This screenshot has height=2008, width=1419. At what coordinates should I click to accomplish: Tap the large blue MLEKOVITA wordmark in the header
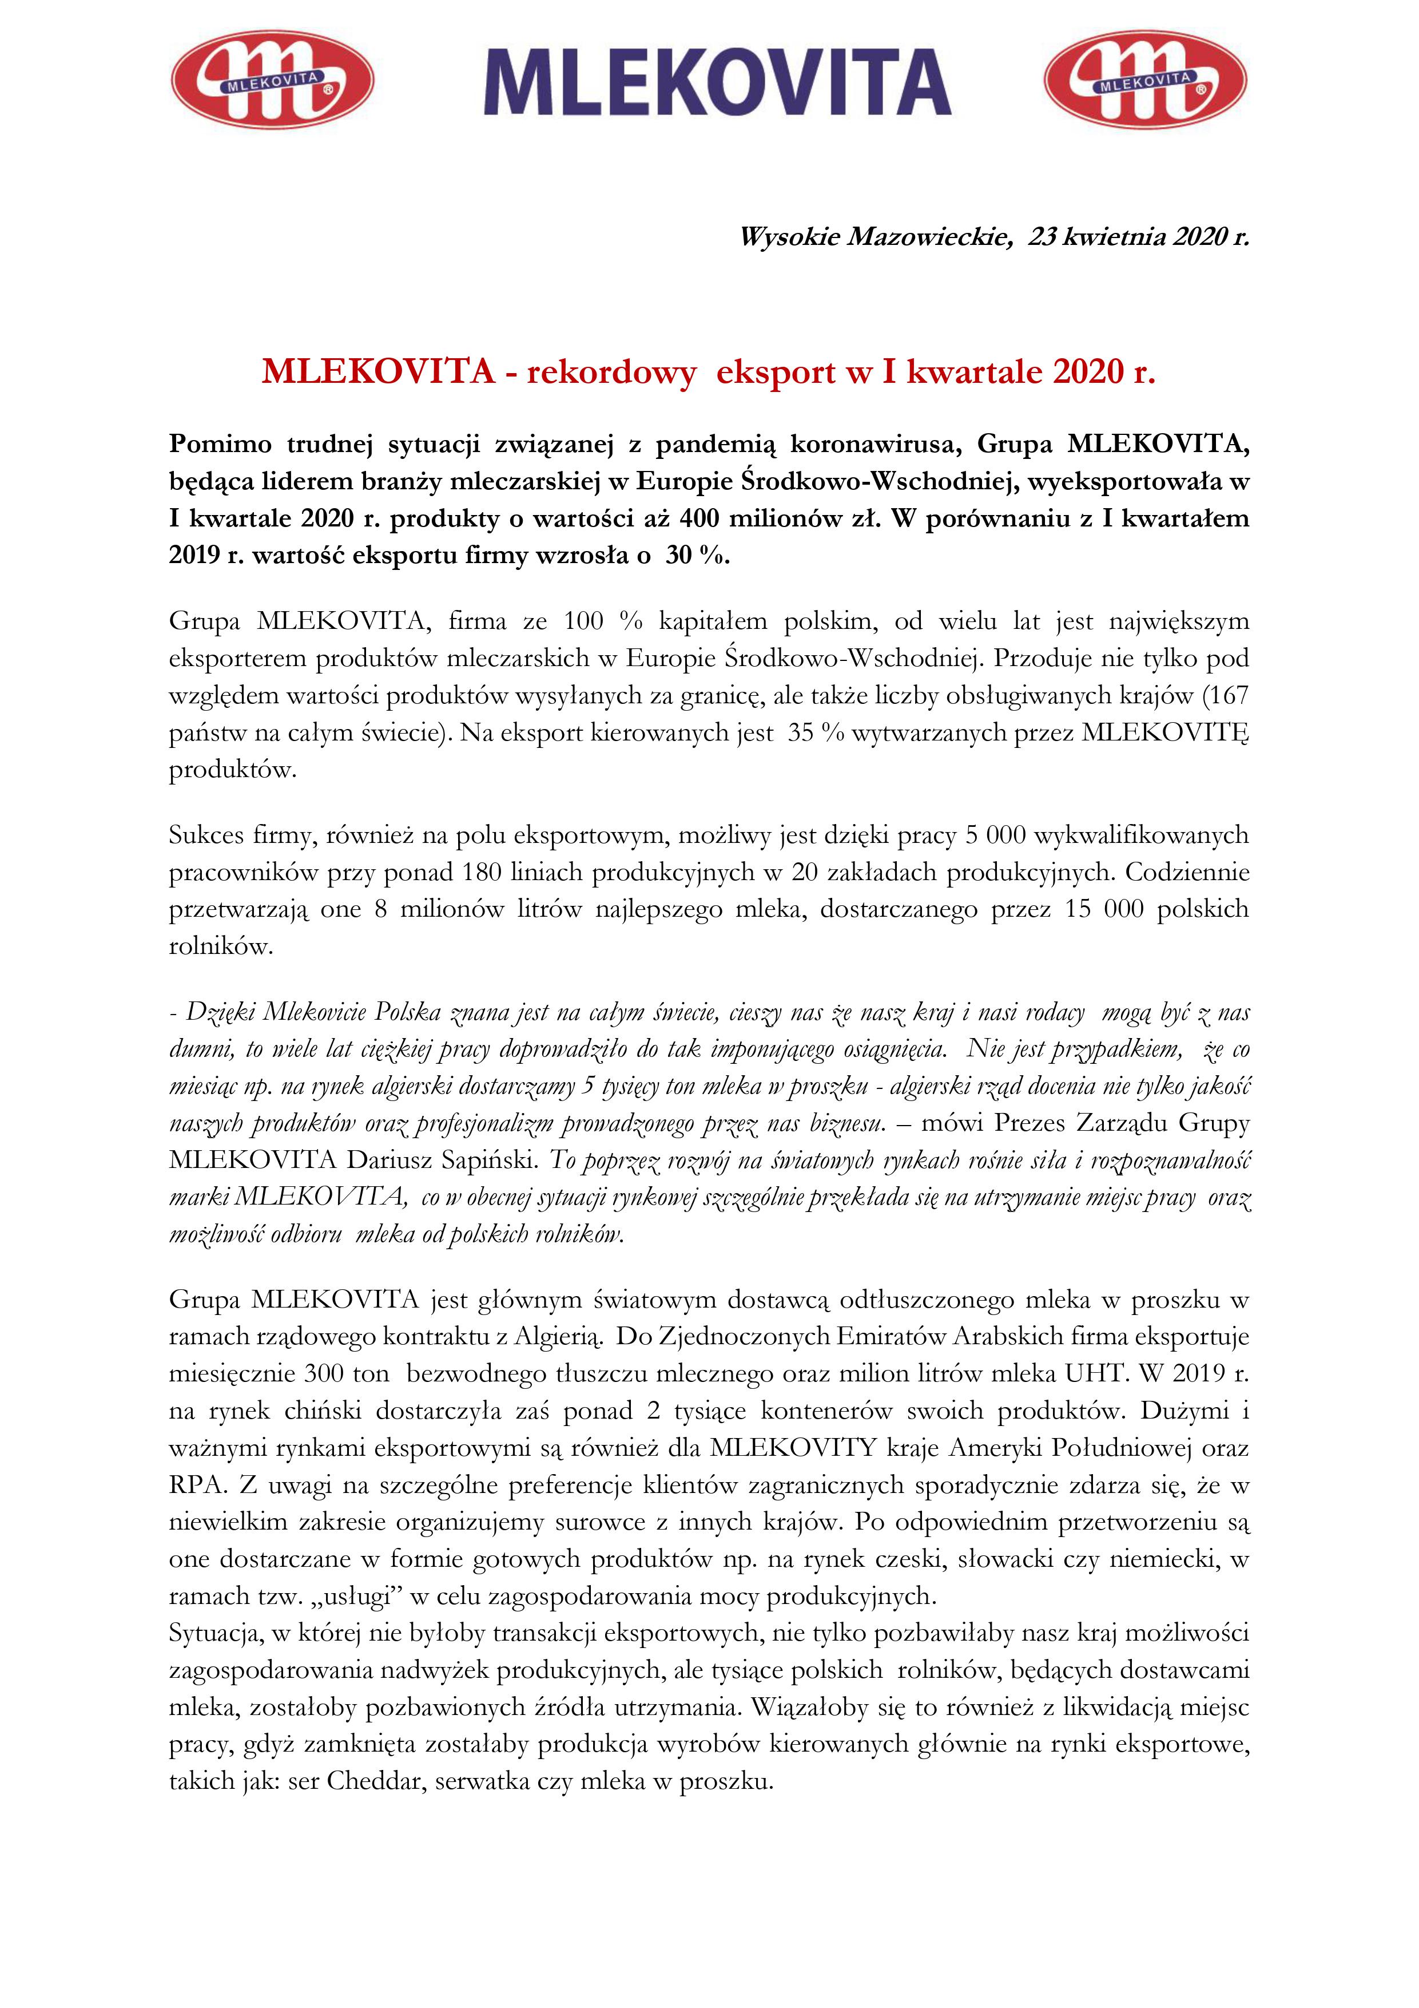click(717, 82)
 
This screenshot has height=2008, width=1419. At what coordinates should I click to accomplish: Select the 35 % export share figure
click(816, 733)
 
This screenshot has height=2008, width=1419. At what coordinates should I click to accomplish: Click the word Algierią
click(558, 1336)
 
